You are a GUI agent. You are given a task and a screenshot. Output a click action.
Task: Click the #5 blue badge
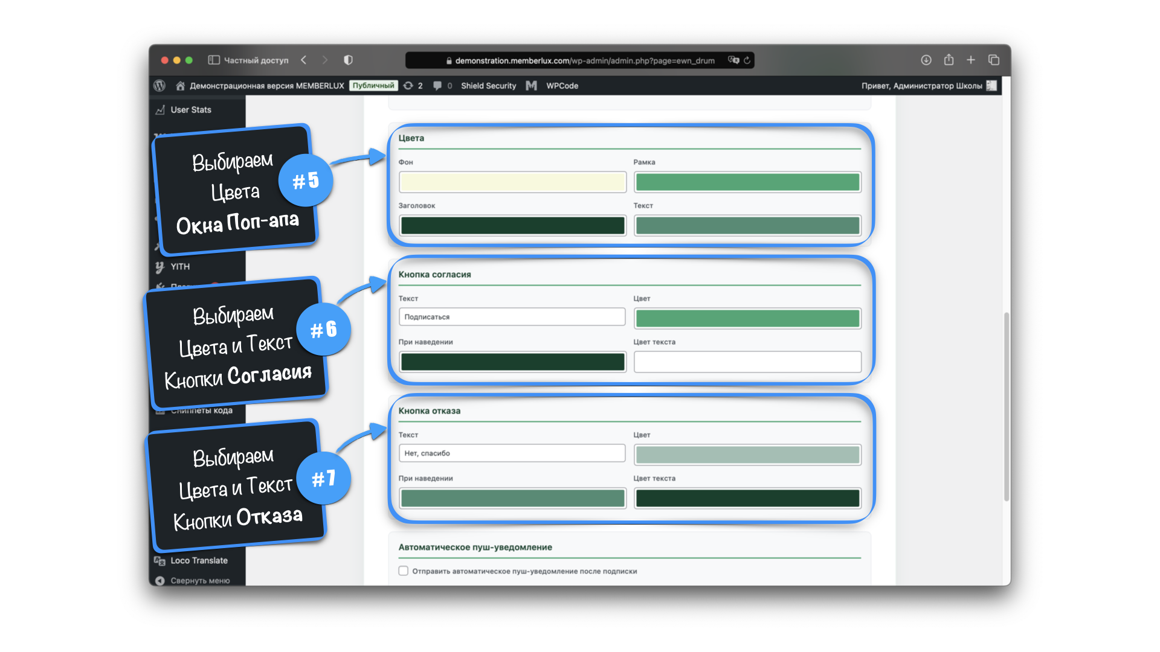coord(306,180)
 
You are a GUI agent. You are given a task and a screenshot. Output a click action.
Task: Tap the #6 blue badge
coord(324,329)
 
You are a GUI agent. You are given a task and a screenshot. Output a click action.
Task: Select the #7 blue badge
coord(324,478)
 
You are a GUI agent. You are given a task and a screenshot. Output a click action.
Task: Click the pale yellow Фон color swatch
coord(512,182)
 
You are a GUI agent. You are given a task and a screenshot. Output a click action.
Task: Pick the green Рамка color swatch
coord(747,182)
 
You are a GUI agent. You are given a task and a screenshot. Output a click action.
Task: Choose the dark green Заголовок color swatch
coord(512,226)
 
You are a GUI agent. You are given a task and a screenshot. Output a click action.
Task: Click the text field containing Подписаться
coord(512,317)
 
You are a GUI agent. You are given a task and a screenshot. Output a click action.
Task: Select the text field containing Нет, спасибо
coord(512,453)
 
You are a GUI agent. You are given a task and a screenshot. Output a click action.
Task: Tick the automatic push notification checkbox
coord(404,571)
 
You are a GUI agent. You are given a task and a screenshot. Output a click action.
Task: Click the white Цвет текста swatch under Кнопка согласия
coord(747,362)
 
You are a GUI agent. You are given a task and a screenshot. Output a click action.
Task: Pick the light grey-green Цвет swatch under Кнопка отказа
coord(747,455)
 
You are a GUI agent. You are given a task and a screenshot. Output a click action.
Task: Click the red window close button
coord(164,60)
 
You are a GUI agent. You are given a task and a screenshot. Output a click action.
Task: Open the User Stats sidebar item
coord(191,110)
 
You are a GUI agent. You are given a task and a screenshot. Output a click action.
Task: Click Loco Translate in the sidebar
coord(199,560)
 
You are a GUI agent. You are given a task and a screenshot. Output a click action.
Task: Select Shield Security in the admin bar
coord(488,86)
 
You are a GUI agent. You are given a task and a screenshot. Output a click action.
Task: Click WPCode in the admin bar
coord(562,86)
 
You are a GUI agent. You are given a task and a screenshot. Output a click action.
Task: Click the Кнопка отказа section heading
coord(430,411)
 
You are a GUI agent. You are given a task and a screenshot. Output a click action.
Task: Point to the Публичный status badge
coord(373,86)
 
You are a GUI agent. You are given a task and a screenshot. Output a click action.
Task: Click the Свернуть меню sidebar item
coord(200,581)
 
